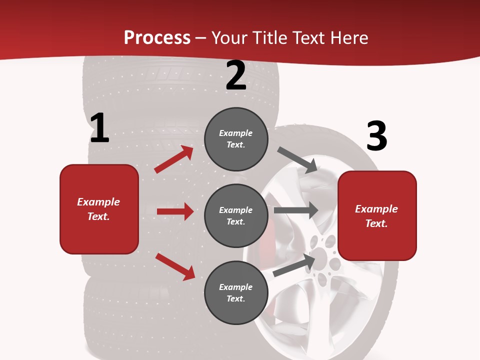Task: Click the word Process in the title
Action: (x=157, y=38)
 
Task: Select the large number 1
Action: (x=99, y=128)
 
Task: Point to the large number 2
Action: (x=236, y=76)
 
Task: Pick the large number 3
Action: (x=376, y=136)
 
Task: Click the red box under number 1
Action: (x=99, y=209)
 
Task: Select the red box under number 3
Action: (x=377, y=216)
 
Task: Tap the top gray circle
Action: (x=236, y=139)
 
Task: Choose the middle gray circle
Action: (x=236, y=215)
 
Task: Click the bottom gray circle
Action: (x=236, y=292)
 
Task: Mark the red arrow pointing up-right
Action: (x=174, y=159)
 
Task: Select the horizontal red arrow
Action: (x=175, y=211)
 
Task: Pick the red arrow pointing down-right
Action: (x=175, y=266)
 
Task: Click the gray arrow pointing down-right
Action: (x=297, y=160)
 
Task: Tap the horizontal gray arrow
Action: (x=296, y=210)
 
